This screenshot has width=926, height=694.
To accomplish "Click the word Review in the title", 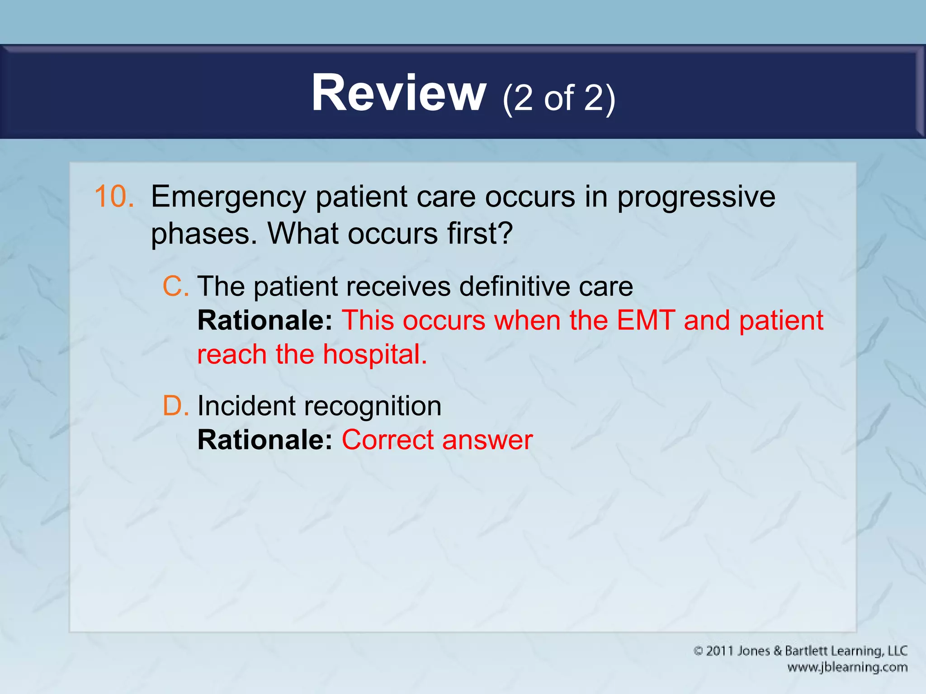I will tap(398, 94).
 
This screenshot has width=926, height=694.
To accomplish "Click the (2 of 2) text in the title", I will tap(558, 98).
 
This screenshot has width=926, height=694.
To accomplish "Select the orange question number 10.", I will tap(114, 197).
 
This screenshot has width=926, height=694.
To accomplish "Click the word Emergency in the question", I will tap(228, 198).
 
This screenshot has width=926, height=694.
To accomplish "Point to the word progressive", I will tap(696, 198).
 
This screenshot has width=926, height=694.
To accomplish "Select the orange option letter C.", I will tap(175, 286).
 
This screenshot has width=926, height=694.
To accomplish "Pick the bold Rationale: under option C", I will tap(265, 320).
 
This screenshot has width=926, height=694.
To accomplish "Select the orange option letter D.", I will tap(175, 406).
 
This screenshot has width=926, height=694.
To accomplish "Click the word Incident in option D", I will tap(246, 406).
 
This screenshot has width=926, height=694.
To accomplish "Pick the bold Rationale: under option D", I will tap(265, 440).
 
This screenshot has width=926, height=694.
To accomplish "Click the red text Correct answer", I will tap(437, 440).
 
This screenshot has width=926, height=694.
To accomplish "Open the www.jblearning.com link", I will tap(847, 667).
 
